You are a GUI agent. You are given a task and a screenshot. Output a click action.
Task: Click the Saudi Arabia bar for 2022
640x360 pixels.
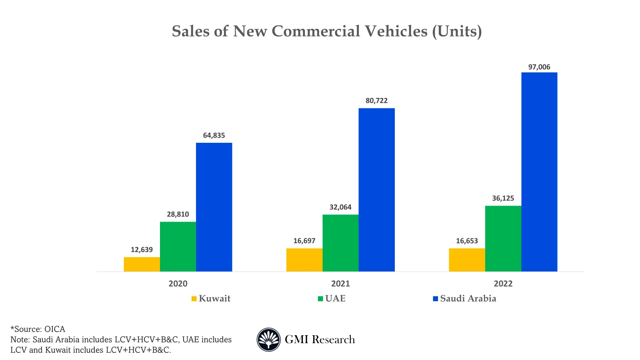click(x=539, y=172)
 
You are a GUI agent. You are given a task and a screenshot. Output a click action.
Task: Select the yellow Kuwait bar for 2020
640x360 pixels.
click(x=142, y=264)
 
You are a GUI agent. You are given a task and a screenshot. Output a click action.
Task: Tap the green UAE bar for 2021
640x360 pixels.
click(x=340, y=243)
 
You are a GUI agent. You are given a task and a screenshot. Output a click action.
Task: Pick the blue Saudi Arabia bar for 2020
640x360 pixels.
click(x=214, y=207)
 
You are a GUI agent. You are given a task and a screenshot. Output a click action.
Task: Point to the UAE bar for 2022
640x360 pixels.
click(x=503, y=239)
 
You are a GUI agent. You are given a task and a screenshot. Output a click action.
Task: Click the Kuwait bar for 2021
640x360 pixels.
click(x=304, y=260)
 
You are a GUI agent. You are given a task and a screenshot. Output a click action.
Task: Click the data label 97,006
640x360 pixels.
click(x=539, y=67)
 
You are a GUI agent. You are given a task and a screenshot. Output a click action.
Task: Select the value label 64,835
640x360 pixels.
click(x=214, y=136)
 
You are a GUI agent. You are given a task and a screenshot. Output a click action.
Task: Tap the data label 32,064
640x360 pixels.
click(x=340, y=207)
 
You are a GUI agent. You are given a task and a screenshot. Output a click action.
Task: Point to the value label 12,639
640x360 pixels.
click(x=142, y=250)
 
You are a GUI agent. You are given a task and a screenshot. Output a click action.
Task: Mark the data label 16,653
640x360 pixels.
click(x=467, y=241)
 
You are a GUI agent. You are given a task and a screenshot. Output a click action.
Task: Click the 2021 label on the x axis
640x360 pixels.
click(x=340, y=284)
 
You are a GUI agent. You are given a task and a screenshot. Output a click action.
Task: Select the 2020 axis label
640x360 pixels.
click(x=178, y=284)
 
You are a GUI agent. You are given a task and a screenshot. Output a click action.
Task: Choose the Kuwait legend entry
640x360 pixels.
click(x=214, y=299)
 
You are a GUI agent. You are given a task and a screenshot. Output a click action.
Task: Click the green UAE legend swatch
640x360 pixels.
click(x=320, y=299)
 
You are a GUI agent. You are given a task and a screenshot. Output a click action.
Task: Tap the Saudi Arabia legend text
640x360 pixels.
click(x=468, y=299)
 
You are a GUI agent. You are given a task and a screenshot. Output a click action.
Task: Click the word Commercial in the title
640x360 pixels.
click(x=350, y=31)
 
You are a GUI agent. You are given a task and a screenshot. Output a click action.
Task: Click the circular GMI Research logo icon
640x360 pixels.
click(x=268, y=340)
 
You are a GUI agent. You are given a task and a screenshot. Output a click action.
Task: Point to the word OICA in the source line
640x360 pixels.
click(x=55, y=329)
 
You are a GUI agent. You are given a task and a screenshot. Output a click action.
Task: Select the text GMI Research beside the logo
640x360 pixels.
click(x=320, y=340)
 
